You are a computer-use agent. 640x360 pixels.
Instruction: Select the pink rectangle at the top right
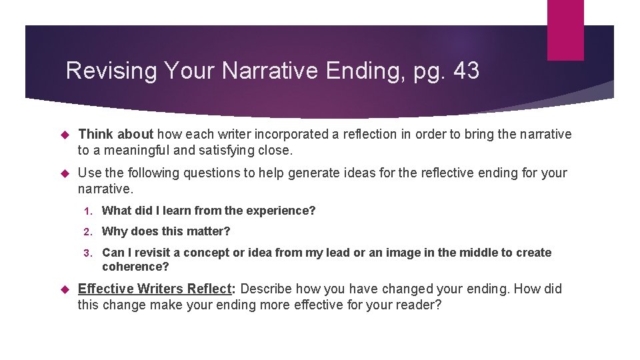565,30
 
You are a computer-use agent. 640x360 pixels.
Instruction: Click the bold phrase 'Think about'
115,134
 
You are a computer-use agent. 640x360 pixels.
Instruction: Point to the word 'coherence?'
135,267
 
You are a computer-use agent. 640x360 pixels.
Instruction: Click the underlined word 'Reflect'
209,289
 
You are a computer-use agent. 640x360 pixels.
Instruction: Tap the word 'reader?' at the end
419,305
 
